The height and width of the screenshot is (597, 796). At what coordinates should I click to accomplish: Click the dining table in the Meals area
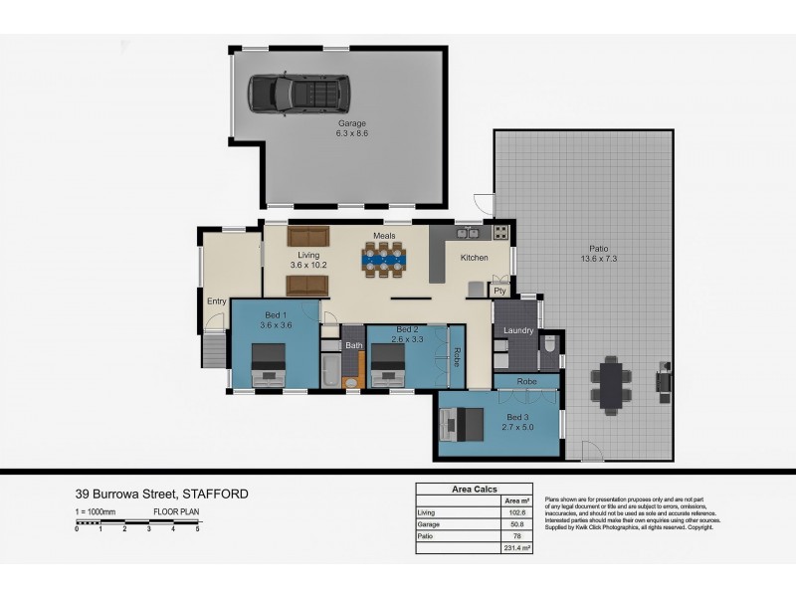[x=383, y=260]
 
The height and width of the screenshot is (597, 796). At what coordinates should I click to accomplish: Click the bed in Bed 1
[x=268, y=364]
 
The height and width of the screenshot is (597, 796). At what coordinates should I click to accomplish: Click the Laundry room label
[x=518, y=330]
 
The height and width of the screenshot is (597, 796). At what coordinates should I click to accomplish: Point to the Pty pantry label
[x=500, y=291]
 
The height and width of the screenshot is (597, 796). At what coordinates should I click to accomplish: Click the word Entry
[x=216, y=301]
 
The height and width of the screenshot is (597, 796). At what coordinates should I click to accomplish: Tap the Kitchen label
[x=474, y=259]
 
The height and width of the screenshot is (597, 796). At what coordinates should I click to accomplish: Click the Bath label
[x=353, y=345]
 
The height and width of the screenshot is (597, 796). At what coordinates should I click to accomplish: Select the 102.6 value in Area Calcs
[x=512, y=512]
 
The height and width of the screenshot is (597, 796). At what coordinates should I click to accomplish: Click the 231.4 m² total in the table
[x=512, y=548]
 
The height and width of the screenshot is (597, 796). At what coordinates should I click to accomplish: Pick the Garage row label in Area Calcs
[x=429, y=524]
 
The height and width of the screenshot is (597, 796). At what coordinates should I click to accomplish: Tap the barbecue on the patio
[x=662, y=382]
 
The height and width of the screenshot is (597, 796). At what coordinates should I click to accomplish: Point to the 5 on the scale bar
[x=197, y=528]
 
